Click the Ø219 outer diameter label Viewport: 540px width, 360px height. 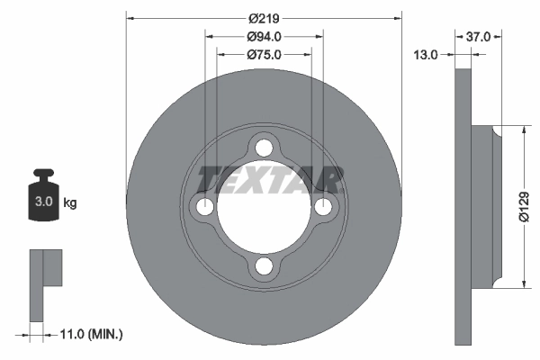pyautogui.click(x=264, y=17)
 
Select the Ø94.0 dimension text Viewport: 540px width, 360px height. pyautogui.click(x=264, y=37)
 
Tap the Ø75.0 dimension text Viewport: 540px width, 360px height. pyautogui.click(x=264, y=55)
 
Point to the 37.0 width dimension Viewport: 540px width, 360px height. pyautogui.click(x=478, y=37)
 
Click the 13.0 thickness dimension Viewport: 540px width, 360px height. pyautogui.click(x=426, y=55)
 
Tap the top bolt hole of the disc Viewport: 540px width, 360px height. pyautogui.click(x=264, y=148)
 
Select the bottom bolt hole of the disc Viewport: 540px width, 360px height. pyautogui.click(x=264, y=266)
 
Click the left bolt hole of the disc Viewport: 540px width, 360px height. pyautogui.click(x=204, y=207)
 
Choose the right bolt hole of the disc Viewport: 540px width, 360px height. pyautogui.click(x=323, y=207)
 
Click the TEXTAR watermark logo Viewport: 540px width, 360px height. pyautogui.click(x=270, y=180)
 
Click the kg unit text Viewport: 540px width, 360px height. pyautogui.click(x=70, y=202)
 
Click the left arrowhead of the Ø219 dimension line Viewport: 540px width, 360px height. pyautogui.click(x=131, y=17)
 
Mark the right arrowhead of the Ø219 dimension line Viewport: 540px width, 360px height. pyautogui.click(x=396, y=17)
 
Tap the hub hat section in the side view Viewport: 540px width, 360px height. pyautogui.click(x=484, y=207)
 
